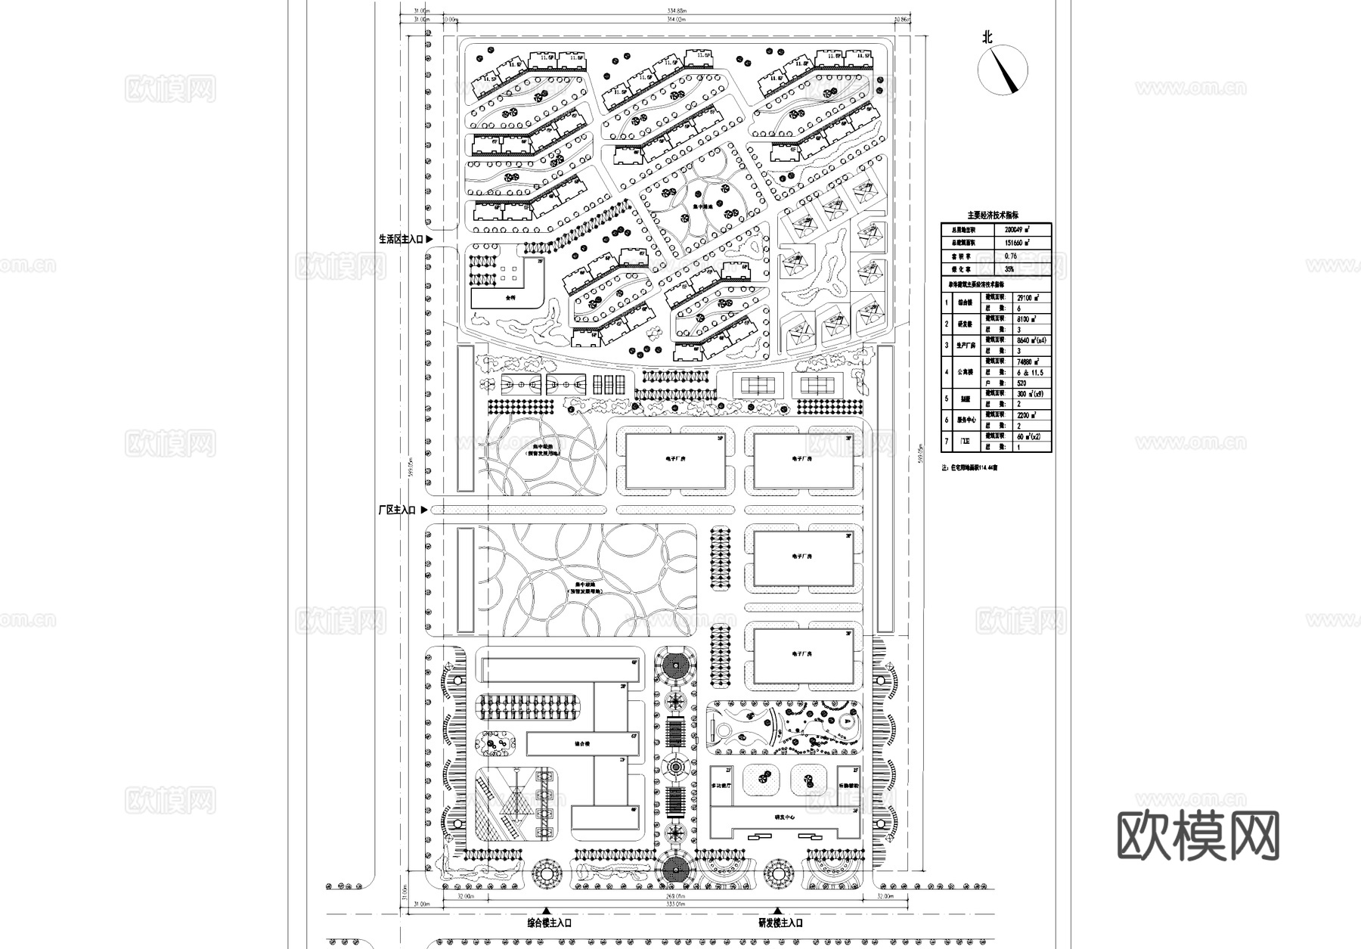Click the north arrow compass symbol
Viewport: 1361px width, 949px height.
pyautogui.click(x=1003, y=69)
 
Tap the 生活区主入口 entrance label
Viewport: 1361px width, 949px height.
pyautogui.click(x=401, y=239)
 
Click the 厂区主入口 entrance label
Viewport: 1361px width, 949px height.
pyautogui.click(x=397, y=510)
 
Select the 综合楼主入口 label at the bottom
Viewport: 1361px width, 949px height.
pyautogui.click(x=549, y=923)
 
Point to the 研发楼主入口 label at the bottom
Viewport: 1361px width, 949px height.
pyautogui.click(x=780, y=923)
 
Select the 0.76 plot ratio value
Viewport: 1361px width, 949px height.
pyautogui.click(x=1011, y=257)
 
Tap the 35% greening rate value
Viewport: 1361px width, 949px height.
pyautogui.click(x=1010, y=269)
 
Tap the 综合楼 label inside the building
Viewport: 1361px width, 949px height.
pyautogui.click(x=582, y=744)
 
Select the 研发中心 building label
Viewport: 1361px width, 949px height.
pyautogui.click(x=784, y=817)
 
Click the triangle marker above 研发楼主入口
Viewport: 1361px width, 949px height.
pyautogui.click(x=777, y=911)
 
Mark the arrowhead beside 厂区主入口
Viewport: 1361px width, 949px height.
pyautogui.click(x=424, y=510)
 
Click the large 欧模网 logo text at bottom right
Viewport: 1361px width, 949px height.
pyautogui.click(x=1198, y=836)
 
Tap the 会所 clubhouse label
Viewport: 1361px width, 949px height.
pyautogui.click(x=512, y=298)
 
